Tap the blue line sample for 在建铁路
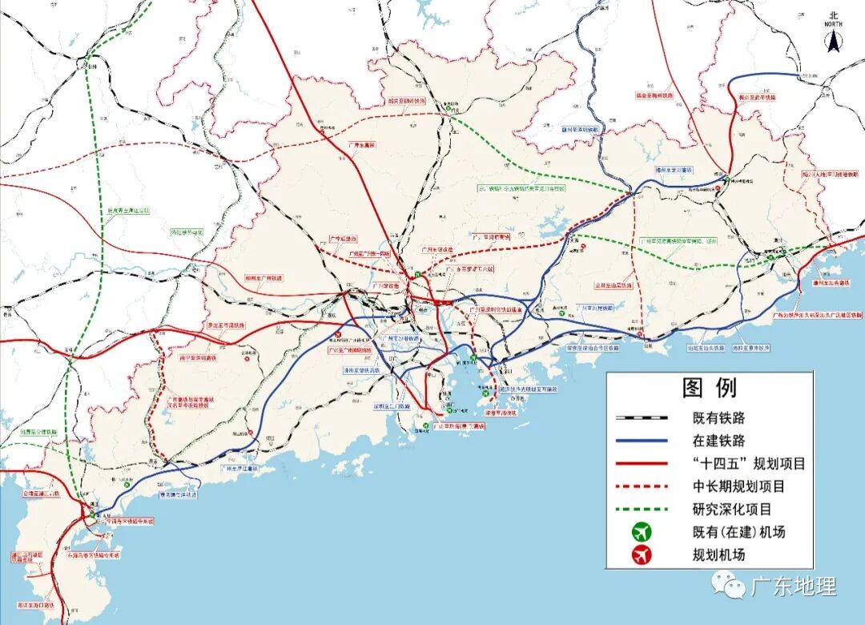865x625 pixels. [x=641, y=441]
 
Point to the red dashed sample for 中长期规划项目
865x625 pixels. [x=641, y=486]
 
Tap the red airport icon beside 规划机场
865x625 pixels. [x=642, y=554]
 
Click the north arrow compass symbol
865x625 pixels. [x=833, y=36]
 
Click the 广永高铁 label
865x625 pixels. [x=362, y=145]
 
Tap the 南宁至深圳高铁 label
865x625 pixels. [x=199, y=358]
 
